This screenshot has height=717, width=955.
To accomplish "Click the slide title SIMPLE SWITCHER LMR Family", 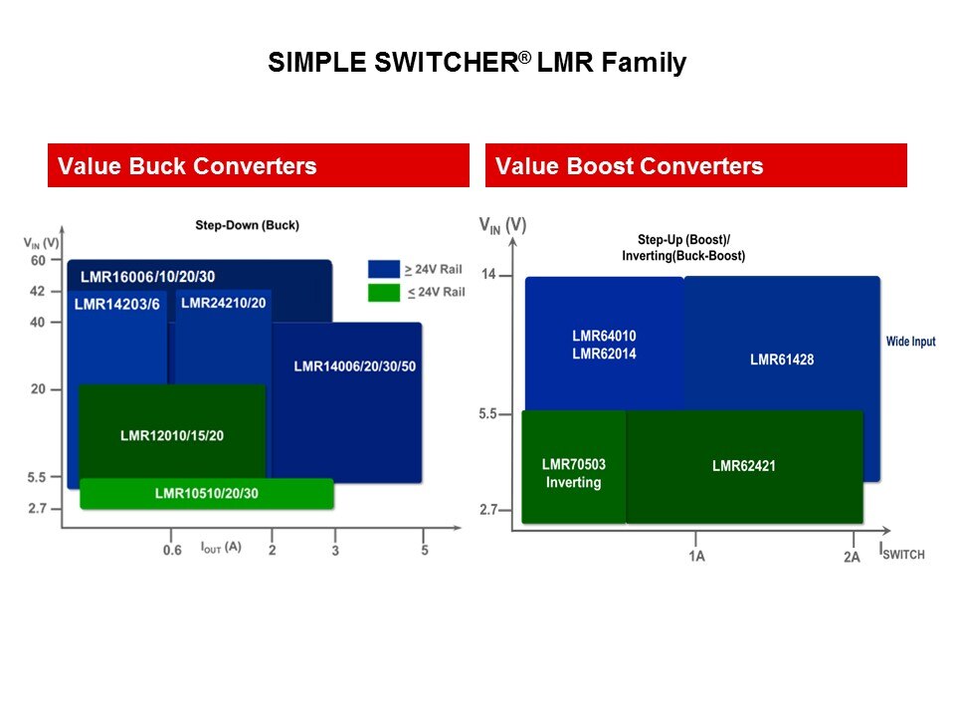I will (x=477, y=64).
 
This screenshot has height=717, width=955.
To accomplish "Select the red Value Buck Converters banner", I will (x=258, y=165).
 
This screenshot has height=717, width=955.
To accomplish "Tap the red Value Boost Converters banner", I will (x=695, y=165).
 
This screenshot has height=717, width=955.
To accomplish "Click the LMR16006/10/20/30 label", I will (x=147, y=276).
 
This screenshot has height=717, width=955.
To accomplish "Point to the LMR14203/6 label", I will (x=116, y=305).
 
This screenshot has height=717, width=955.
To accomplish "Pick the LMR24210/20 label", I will (x=224, y=302).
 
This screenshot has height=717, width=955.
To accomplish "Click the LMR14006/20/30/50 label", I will (x=354, y=366).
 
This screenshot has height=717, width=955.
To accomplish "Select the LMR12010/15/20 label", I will (x=172, y=435).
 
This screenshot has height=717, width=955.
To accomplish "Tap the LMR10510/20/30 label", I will (x=206, y=493).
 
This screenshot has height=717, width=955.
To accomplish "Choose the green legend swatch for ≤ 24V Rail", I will (x=383, y=292).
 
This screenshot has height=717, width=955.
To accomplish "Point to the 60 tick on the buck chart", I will (x=38, y=261).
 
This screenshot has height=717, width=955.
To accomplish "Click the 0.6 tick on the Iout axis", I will (x=172, y=551).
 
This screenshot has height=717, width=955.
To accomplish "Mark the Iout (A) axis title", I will (x=220, y=547).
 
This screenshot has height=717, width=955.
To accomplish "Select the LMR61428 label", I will (x=781, y=359).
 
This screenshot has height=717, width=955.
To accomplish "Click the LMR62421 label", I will (x=744, y=465).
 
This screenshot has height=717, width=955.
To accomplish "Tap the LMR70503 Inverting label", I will (x=573, y=473).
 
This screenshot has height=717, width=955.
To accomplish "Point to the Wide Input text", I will (x=910, y=342).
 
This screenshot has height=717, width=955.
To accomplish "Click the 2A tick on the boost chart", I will (x=852, y=557).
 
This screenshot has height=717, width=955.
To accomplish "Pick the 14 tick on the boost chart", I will (x=488, y=274).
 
